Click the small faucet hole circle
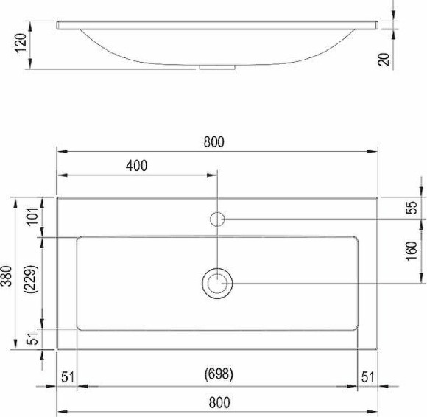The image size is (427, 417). coord(218,219)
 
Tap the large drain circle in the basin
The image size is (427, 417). coord(218,283)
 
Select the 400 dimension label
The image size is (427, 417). coord(136,166)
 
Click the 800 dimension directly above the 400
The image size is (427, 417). coord(214,141)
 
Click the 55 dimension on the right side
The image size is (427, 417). coord(412,208)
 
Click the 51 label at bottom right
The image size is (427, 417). coord(367,377)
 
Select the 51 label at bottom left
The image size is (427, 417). coord(68,377)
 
